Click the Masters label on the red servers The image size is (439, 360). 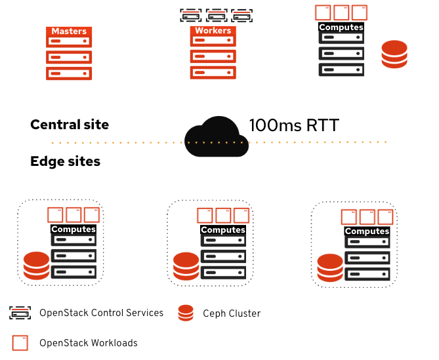(69, 31)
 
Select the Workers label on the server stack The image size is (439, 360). (213, 31)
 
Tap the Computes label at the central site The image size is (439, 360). (341, 28)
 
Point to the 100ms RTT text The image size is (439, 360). (293, 125)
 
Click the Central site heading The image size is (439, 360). (70, 125)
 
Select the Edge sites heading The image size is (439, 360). (65, 161)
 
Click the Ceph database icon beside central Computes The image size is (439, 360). (394, 54)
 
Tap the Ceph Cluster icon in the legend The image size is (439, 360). (186, 313)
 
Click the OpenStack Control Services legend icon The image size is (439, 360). (20, 313)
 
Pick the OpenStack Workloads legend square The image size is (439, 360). (20, 342)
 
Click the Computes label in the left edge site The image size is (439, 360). (73, 230)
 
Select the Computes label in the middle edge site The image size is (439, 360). (223, 230)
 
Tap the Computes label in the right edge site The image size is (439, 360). (367, 231)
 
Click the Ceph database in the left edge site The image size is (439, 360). (36, 265)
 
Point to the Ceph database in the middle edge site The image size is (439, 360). (186, 266)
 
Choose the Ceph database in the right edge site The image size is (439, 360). (329, 267)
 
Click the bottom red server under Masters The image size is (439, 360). (69, 73)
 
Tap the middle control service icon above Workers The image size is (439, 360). (216, 14)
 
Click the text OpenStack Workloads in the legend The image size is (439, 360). (88, 342)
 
